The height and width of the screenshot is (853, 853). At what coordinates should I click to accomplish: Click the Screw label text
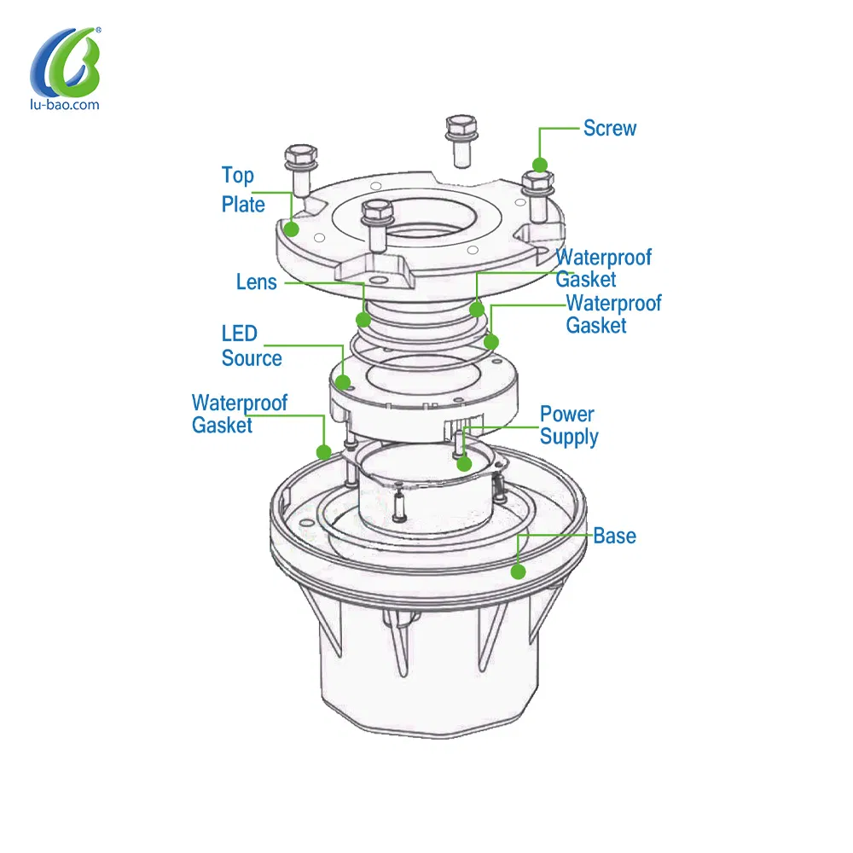pyautogui.click(x=609, y=129)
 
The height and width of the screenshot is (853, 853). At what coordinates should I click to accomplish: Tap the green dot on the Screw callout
pyautogui.click(x=540, y=165)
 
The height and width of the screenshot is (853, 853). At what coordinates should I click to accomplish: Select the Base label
pyautogui.click(x=614, y=536)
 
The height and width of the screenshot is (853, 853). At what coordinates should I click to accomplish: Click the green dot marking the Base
pyautogui.click(x=518, y=572)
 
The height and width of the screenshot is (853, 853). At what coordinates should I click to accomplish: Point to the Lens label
pyautogui.click(x=256, y=281)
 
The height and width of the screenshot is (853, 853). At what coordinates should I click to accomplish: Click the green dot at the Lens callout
pyautogui.click(x=363, y=319)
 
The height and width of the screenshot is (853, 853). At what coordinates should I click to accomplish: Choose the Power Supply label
pyautogui.click(x=568, y=426)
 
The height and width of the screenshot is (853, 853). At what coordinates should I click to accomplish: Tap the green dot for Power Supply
pyautogui.click(x=464, y=463)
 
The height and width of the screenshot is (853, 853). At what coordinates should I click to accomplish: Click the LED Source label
pyautogui.click(x=252, y=346)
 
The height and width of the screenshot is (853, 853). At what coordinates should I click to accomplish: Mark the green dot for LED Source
pyautogui.click(x=343, y=382)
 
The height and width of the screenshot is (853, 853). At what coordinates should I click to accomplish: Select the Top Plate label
pyautogui.click(x=242, y=190)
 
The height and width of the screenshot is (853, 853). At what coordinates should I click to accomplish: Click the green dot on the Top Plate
pyautogui.click(x=292, y=229)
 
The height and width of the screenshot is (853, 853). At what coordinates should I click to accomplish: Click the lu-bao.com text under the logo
pyautogui.click(x=65, y=104)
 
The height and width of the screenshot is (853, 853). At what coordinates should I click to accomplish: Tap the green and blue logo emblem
pyautogui.click(x=66, y=61)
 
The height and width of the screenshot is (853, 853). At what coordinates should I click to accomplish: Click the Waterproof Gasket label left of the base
pyautogui.click(x=240, y=414)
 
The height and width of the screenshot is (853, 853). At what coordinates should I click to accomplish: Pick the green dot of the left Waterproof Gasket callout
pyautogui.click(x=323, y=451)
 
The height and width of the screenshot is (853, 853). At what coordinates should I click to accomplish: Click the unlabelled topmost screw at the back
pyautogui.click(x=461, y=141)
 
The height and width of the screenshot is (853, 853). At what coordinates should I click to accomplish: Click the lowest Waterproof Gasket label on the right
pyautogui.click(x=613, y=315)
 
